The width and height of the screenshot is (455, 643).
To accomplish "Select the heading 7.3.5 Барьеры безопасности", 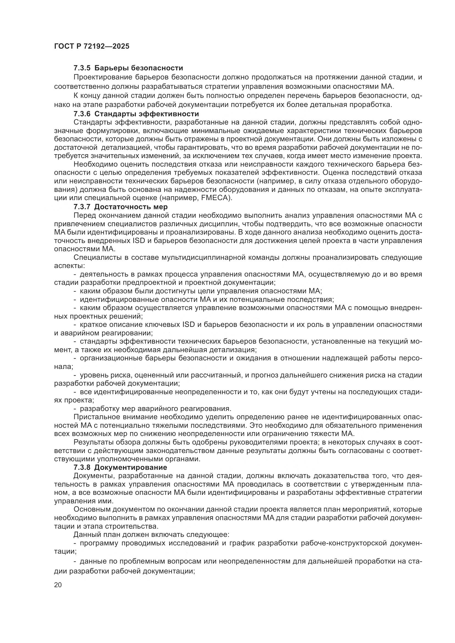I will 128,68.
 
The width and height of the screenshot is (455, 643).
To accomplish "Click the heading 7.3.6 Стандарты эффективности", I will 136,114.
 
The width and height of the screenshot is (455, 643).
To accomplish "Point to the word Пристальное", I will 93,417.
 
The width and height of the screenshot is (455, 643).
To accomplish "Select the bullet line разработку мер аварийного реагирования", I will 155,408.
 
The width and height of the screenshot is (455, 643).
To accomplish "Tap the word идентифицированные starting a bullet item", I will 120,299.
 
